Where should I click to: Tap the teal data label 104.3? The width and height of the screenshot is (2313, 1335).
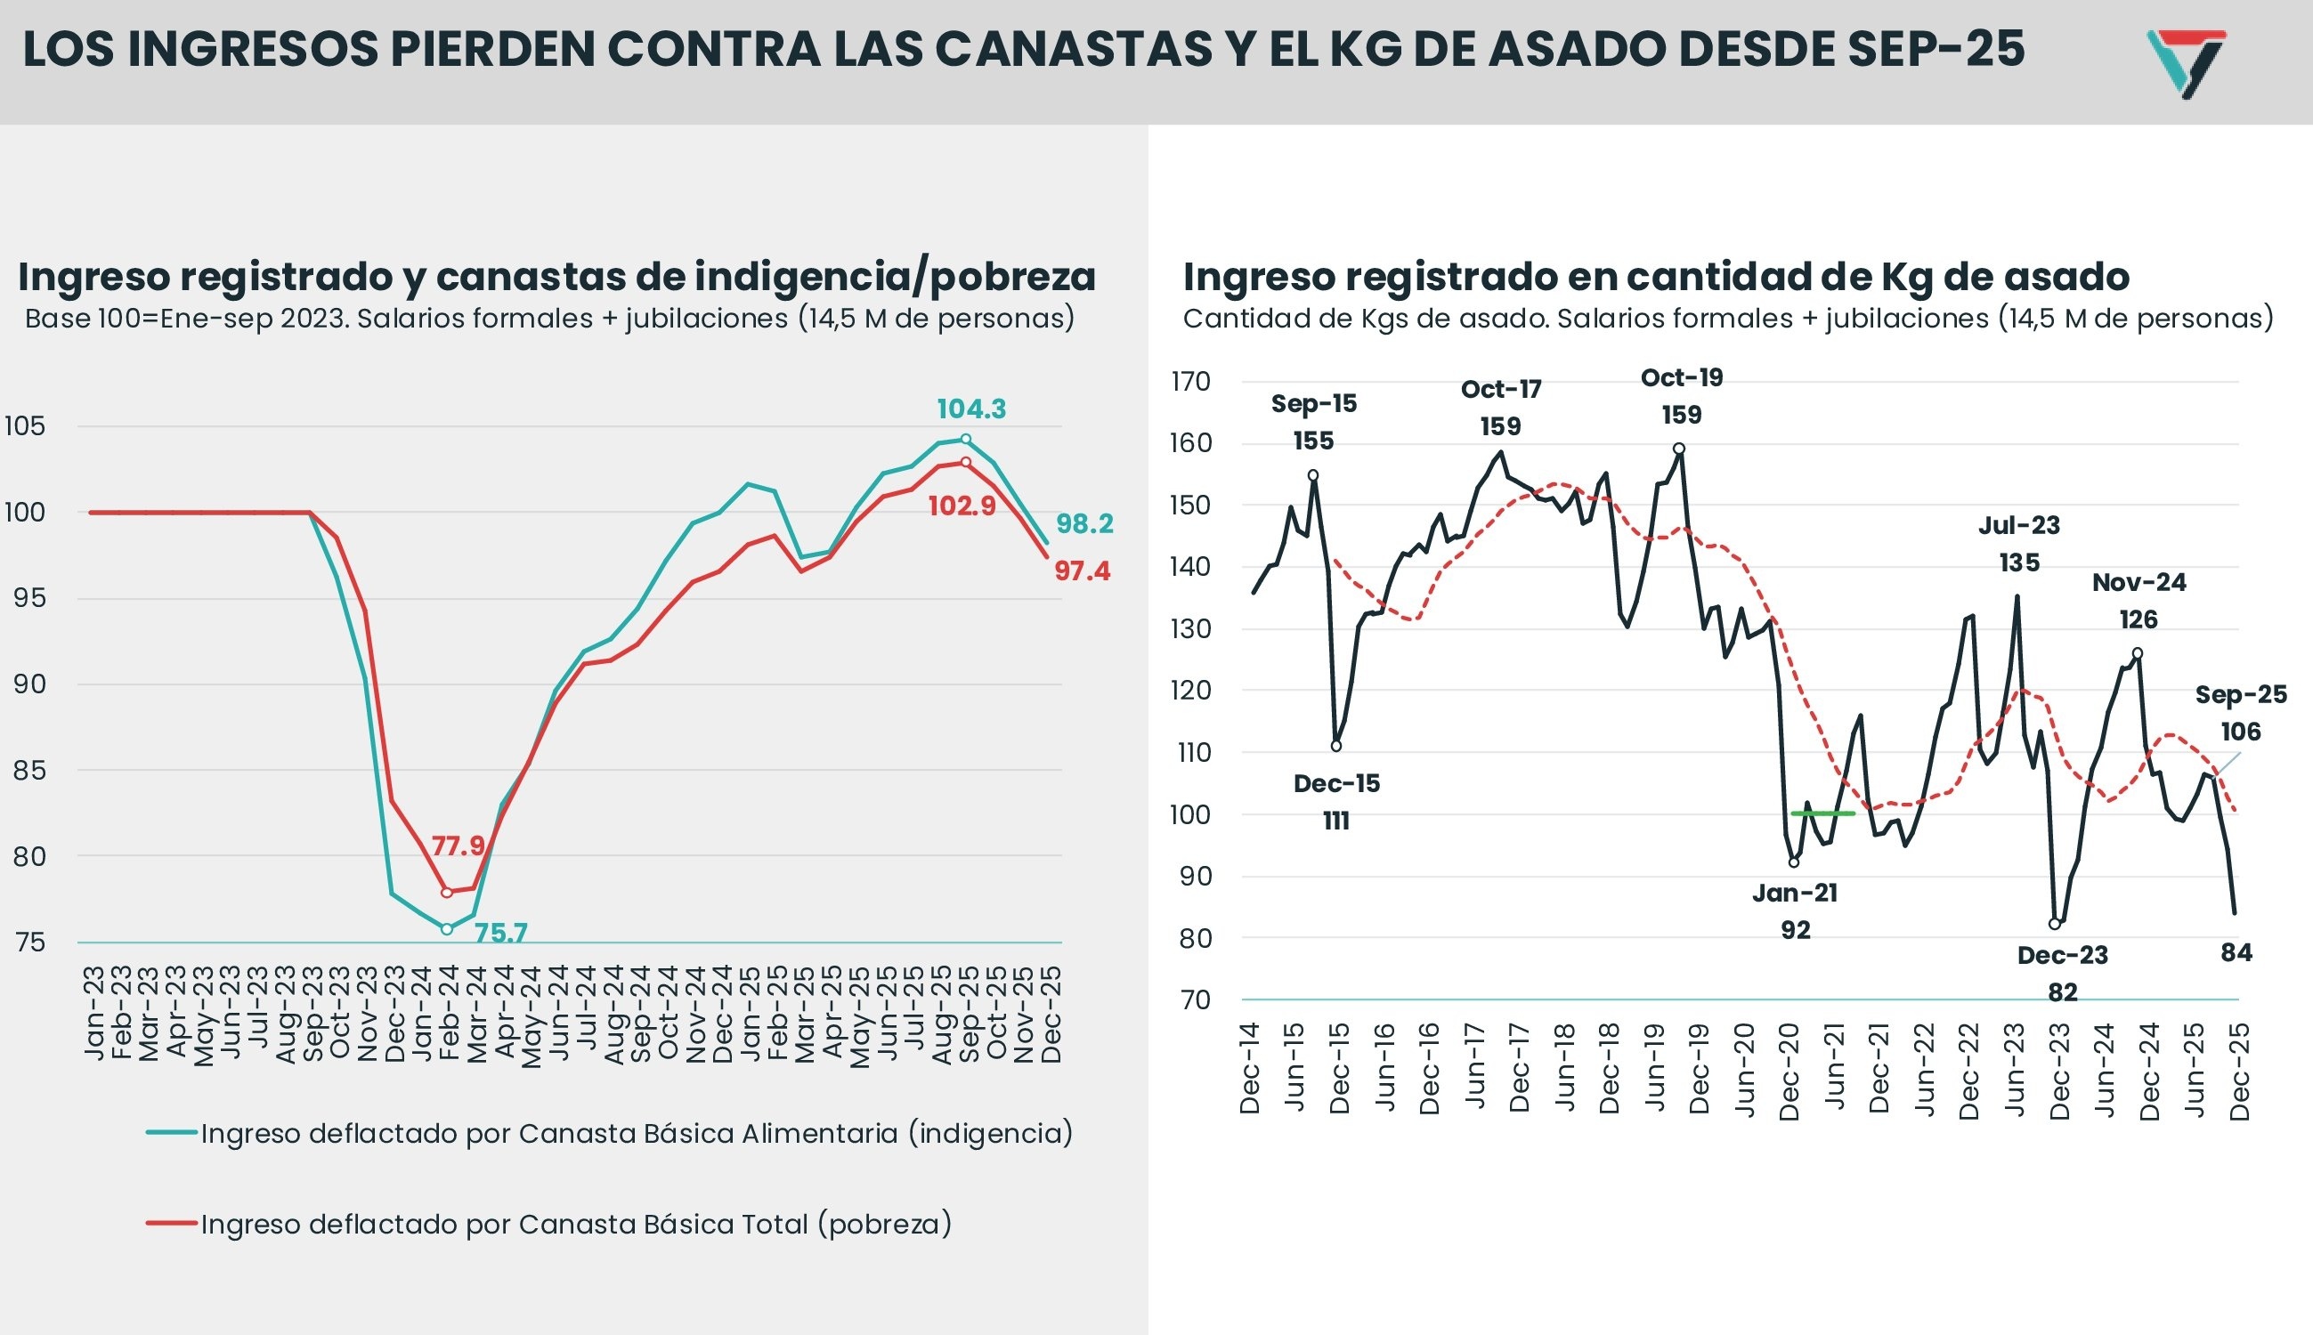pyautogui.click(x=970, y=409)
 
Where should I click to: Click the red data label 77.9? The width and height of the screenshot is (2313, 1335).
pyautogui.click(x=458, y=845)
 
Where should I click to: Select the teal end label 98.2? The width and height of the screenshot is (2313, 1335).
pyautogui.click(x=1084, y=523)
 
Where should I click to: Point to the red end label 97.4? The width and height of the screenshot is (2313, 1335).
pyautogui.click(x=1083, y=571)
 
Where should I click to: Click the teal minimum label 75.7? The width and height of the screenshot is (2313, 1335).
pyautogui.click(x=500, y=934)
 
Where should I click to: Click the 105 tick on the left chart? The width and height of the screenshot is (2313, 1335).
pyautogui.click(x=25, y=426)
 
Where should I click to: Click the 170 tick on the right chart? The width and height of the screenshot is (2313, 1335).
pyautogui.click(x=1191, y=382)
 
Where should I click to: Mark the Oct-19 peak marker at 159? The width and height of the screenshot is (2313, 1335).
pyautogui.click(x=1678, y=449)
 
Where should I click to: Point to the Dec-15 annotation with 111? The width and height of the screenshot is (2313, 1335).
pyautogui.click(x=1336, y=801)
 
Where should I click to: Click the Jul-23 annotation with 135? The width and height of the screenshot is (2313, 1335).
pyautogui.click(x=2018, y=544)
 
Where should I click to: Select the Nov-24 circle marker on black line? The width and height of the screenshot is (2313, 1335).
pyautogui.click(x=2138, y=653)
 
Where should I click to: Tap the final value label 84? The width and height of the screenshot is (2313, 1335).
pyautogui.click(x=2236, y=952)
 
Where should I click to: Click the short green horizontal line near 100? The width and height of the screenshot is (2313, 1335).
pyautogui.click(x=1822, y=813)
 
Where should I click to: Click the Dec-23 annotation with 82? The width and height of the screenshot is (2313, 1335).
pyautogui.click(x=2063, y=973)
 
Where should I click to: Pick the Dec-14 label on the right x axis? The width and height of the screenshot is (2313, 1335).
pyautogui.click(x=1250, y=1069)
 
